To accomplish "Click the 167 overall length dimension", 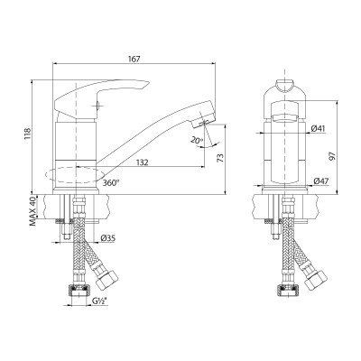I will [134, 60].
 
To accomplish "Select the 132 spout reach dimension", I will [142, 163].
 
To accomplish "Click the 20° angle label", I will [198, 141].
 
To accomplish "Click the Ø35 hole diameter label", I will [106, 237].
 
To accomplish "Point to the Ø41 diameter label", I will [319, 129].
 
